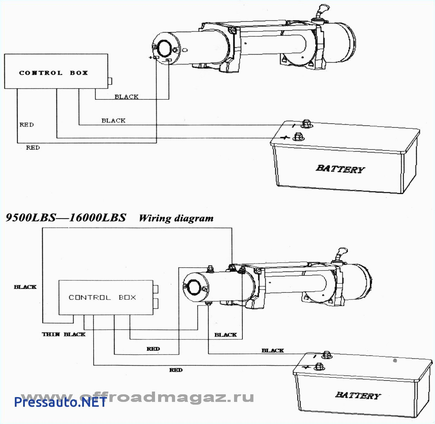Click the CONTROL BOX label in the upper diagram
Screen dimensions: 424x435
[x=54, y=73]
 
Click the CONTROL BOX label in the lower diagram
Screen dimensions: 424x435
[x=102, y=297]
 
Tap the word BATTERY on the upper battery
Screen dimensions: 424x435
[x=340, y=169]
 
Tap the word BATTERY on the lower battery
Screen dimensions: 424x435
[x=358, y=395]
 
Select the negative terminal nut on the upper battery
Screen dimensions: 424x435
[x=306, y=123]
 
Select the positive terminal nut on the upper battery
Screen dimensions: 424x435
[x=298, y=137]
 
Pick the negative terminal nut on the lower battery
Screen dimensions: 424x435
[x=327, y=355]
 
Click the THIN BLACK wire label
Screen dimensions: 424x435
[x=64, y=334]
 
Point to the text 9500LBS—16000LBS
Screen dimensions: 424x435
[x=66, y=218]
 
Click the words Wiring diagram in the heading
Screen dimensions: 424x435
[x=176, y=218]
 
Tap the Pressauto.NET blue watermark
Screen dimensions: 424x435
[x=60, y=402]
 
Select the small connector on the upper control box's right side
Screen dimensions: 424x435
[x=110, y=81]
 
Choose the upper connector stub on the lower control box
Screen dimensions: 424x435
[x=156, y=289]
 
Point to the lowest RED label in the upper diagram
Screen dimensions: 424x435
[x=33, y=147]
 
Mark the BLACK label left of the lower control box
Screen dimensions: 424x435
[x=25, y=287]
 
